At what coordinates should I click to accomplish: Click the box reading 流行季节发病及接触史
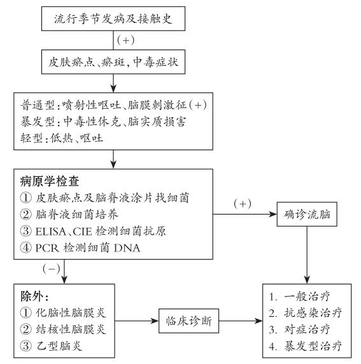point(113,18)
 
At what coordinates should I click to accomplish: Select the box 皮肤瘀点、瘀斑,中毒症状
point(113,62)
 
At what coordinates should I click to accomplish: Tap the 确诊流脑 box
point(307,214)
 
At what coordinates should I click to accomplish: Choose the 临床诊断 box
point(188,321)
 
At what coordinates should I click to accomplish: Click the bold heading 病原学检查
point(50,181)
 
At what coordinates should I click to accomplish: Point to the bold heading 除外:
point(34,296)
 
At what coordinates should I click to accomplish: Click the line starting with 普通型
point(113,105)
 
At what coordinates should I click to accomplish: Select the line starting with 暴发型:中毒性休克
point(103,122)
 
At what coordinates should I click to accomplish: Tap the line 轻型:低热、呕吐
point(62,138)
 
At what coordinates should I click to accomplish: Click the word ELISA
point(51,232)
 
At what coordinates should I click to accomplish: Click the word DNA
point(127,248)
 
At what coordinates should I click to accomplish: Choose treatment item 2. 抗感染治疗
point(305,312)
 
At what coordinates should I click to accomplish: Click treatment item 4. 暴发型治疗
point(305,346)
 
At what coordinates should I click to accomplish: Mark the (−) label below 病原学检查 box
point(52,269)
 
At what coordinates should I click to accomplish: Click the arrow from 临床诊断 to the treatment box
point(241,321)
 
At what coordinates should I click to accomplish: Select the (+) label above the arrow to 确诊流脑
point(243,204)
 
